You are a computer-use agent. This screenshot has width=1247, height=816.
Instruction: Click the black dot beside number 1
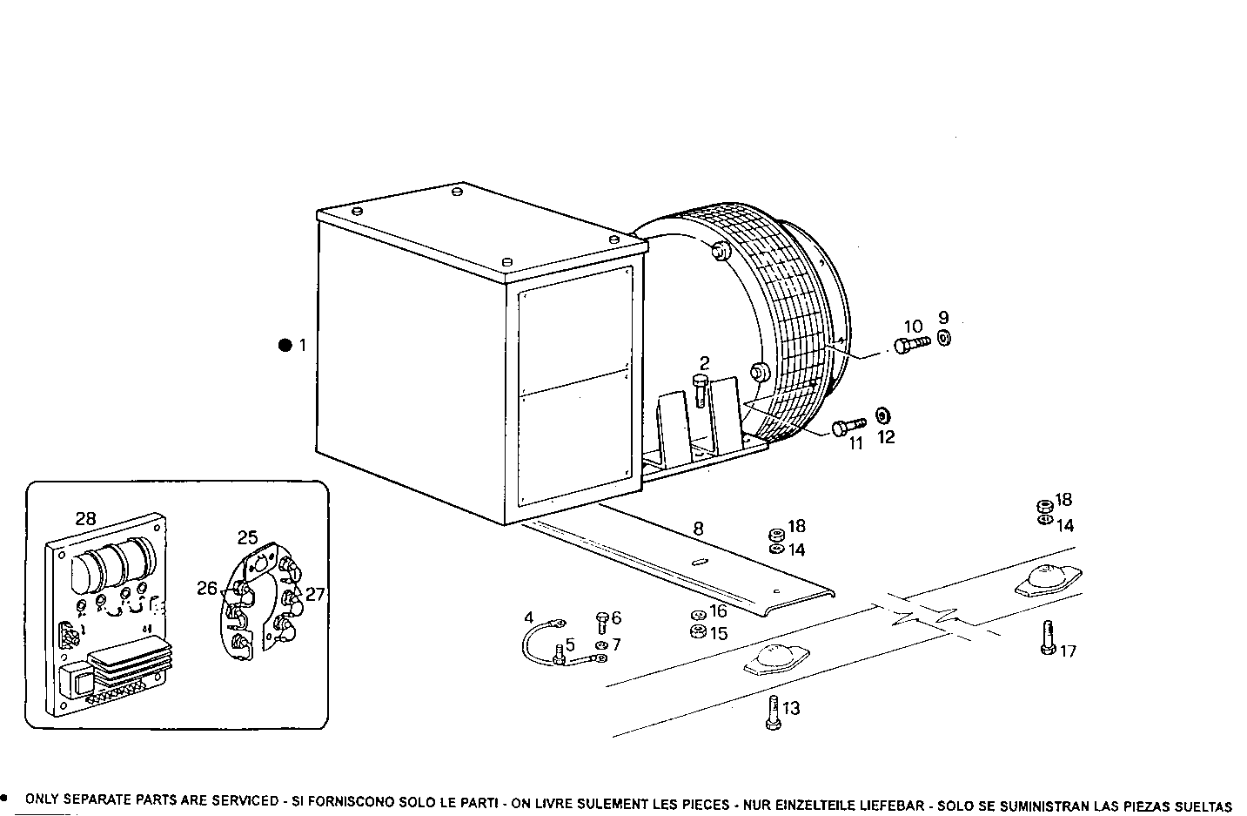click(x=285, y=345)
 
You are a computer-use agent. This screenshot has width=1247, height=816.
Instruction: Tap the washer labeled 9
click(x=944, y=338)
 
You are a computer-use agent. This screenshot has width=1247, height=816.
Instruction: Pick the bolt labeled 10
click(x=910, y=345)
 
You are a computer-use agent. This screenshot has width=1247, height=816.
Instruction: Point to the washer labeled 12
click(x=882, y=413)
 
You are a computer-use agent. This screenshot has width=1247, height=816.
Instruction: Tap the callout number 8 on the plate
click(x=697, y=528)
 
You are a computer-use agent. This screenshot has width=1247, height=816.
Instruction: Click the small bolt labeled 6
click(x=602, y=621)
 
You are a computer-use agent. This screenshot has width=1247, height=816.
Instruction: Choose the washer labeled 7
click(x=602, y=645)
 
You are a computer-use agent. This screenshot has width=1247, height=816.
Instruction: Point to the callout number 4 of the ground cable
click(x=528, y=617)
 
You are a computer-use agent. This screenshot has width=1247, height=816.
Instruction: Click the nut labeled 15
click(x=696, y=632)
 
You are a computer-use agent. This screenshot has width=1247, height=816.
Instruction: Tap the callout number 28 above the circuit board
click(x=85, y=519)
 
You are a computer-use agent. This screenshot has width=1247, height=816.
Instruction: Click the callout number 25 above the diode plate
click(x=248, y=537)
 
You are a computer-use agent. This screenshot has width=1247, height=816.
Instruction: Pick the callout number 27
click(x=315, y=595)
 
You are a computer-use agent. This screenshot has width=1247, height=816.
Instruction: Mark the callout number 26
click(x=206, y=589)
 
